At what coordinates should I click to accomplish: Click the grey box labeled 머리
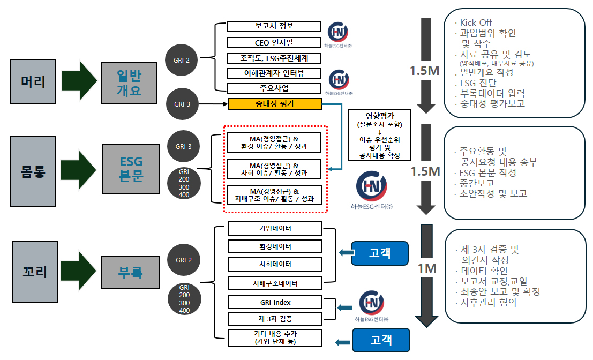pos(33,81)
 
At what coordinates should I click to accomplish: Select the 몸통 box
pos(33,171)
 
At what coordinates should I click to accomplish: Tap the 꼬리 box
pos(35,272)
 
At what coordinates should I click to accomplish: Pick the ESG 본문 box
pos(131,170)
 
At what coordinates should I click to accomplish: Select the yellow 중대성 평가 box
pos(274,104)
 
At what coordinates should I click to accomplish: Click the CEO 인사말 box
pos(274,42)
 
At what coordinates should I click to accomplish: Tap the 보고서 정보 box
pos(274,26)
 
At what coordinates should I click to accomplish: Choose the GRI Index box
pos(275,302)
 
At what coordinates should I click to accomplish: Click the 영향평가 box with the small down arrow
pos(380,136)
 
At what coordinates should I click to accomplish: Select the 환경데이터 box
pos(275,246)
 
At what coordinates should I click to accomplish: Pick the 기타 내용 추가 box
pos(275,337)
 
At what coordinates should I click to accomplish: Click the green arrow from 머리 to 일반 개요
pos(79,81)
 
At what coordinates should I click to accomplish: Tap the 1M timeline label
pos(427,268)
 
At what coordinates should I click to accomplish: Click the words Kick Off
pos(476,22)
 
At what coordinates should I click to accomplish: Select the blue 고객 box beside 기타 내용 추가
pos(380,340)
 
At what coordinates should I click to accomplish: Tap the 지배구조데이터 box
pos(275,283)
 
